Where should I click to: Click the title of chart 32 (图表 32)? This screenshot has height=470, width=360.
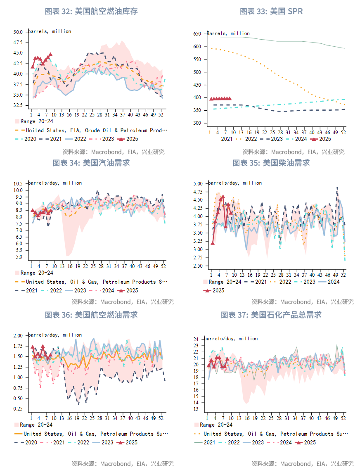click(x=91, y=11)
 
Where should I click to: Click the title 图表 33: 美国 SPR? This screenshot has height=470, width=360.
click(x=271, y=11)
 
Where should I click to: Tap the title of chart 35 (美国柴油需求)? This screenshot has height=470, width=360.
click(x=271, y=163)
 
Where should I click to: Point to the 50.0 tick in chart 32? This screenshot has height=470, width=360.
click(x=18, y=32)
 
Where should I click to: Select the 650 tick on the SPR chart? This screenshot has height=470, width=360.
click(x=197, y=34)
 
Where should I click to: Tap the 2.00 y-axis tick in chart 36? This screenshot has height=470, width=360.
click(x=18, y=335)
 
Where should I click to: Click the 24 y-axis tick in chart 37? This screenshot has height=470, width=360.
click(x=197, y=339)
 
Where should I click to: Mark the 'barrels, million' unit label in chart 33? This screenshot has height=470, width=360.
click(x=228, y=33)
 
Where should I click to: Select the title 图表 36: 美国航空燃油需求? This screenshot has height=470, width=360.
click(x=91, y=315)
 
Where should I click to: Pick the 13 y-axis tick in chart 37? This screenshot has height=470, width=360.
click(x=197, y=409)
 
